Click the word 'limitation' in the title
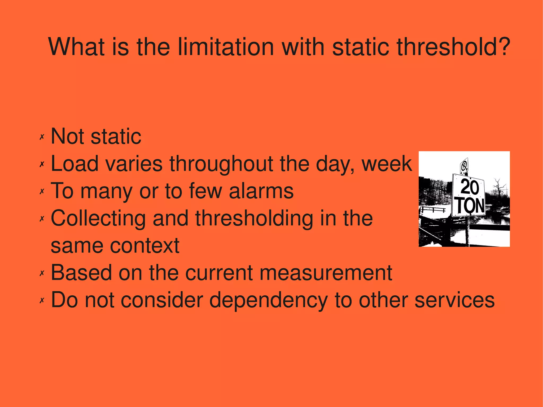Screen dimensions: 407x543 tap(225, 47)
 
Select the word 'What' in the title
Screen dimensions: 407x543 tap(75, 47)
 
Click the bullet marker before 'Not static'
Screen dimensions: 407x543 tap(42, 137)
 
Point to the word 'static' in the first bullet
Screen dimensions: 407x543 tap(116, 137)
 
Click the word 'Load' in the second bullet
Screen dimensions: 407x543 tap(75, 164)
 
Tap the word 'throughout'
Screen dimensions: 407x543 tap(221, 164)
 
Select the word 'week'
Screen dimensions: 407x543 tap(387, 164)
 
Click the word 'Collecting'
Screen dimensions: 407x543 tap(98, 219)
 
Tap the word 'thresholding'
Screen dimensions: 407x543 tap(254, 219)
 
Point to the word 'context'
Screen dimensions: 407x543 tap(145, 246)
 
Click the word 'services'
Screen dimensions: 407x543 tap(454, 300)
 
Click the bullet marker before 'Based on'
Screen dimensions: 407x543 tap(42, 273)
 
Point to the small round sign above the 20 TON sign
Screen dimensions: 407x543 tap(464, 166)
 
